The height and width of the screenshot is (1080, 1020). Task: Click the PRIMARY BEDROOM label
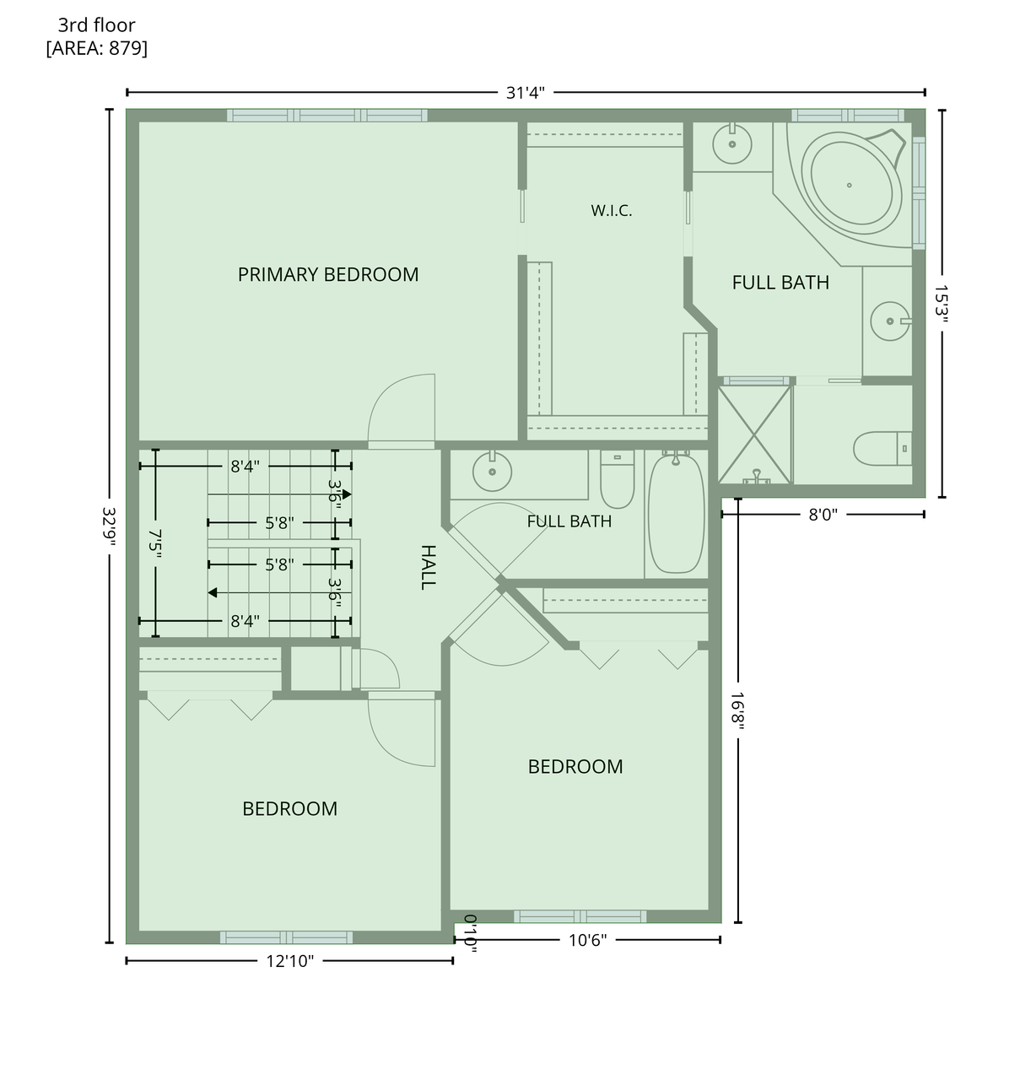click(x=328, y=274)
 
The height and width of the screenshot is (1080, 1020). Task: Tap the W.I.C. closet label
click(x=612, y=211)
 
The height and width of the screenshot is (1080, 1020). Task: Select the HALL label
click(x=428, y=567)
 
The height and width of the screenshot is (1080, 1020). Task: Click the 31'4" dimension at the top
click(x=525, y=93)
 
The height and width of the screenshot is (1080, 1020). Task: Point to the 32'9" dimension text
click(x=110, y=526)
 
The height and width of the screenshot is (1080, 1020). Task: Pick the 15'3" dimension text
click(x=942, y=304)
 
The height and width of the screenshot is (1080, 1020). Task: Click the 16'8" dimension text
click(x=737, y=710)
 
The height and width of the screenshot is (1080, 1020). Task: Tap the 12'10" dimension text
click(x=290, y=961)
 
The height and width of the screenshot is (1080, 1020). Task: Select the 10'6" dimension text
click(x=587, y=940)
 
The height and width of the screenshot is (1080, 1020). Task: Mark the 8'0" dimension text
click(x=823, y=515)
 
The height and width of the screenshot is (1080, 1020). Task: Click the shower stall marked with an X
click(x=754, y=435)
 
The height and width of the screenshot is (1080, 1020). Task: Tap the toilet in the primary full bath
click(x=882, y=449)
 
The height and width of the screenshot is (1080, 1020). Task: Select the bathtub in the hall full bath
click(x=676, y=513)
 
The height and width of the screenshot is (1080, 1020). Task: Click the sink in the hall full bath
click(x=492, y=472)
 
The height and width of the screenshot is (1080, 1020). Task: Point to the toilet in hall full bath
click(x=617, y=479)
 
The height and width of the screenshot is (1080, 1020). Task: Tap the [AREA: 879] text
click(x=97, y=48)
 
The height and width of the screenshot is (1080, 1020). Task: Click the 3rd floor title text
click(x=97, y=25)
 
